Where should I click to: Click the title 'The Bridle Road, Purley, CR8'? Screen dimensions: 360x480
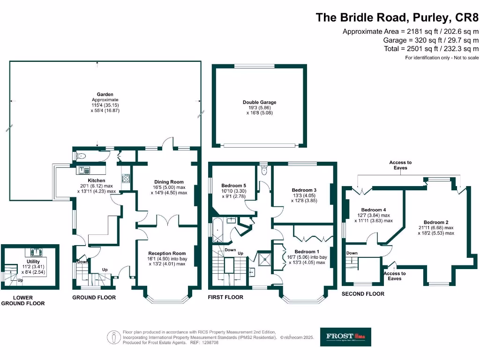pyautogui.click(x=397, y=18)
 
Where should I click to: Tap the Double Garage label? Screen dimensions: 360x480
pyautogui.click(x=259, y=102)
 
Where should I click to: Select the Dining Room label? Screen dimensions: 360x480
pyautogui.click(x=169, y=182)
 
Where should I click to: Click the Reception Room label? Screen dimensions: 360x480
pyautogui.click(x=167, y=253)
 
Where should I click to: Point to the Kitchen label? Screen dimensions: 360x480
pyautogui.click(x=97, y=180)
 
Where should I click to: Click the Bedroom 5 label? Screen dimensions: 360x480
pyautogui.click(x=234, y=186)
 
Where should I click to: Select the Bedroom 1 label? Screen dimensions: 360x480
pyautogui.click(x=307, y=252)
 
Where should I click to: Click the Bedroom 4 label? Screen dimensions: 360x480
pyautogui.click(x=374, y=210)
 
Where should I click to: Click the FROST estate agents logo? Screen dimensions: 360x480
pyautogui.click(x=345, y=337)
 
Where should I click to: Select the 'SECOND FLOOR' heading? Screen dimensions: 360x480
pyautogui.click(x=362, y=294)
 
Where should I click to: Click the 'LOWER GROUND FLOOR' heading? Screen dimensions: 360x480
pyautogui.click(x=22, y=300)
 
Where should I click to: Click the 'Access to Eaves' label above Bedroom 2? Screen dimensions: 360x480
pyautogui.click(x=400, y=165)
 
